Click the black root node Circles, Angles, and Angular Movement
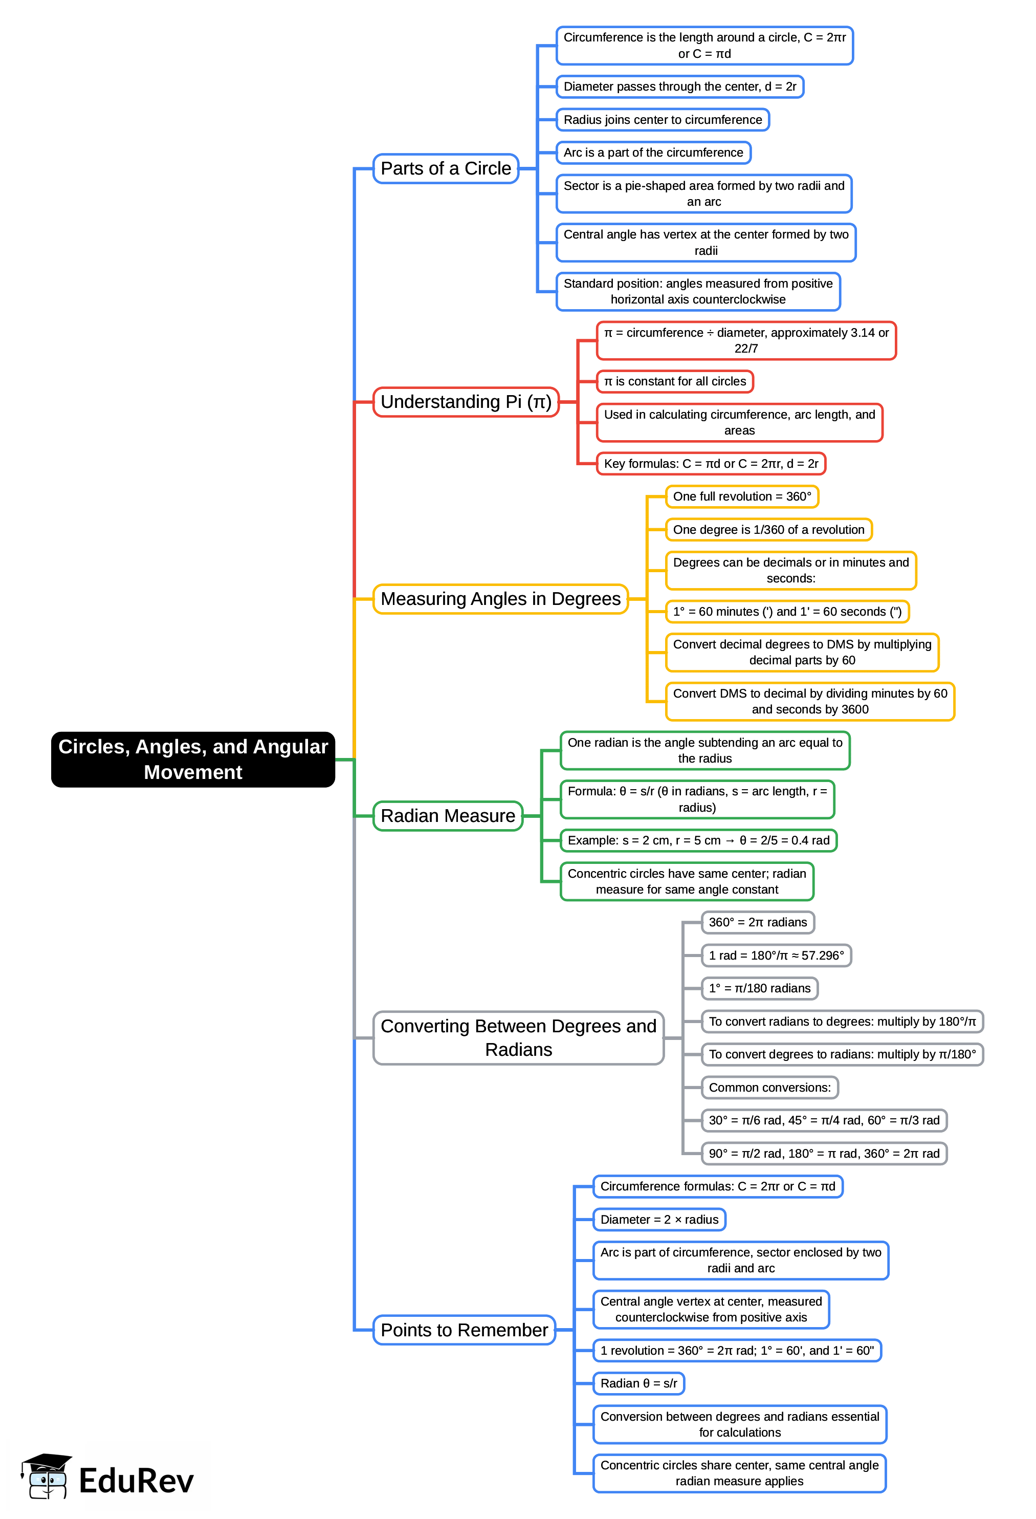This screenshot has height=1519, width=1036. coord(193,759)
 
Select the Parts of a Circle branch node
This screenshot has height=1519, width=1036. coord(446,168)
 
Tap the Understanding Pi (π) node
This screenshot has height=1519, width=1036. coord(466,402)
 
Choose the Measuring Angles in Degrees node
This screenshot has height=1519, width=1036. coord(500,599)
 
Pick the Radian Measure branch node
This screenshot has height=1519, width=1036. coord(448,816)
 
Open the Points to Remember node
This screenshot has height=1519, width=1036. coord(464,1330)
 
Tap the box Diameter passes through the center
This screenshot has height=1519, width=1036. coord(679,87)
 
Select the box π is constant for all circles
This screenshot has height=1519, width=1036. coord(675,382)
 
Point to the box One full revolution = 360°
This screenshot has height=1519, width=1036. coord(741,497)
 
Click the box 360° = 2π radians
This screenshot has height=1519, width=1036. coord(757,922)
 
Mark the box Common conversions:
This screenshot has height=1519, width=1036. coord(769,1088)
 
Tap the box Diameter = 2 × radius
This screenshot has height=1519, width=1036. coord(659,1219)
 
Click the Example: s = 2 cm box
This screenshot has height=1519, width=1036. coord(698,840)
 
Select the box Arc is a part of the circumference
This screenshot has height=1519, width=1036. coord(653,153)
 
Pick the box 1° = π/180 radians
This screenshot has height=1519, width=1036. coord(759,988)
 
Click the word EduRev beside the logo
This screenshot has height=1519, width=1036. coord(136,1481)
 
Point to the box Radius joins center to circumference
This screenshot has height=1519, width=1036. coord(663,120)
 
